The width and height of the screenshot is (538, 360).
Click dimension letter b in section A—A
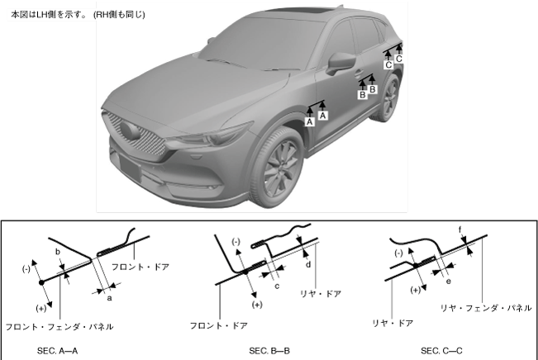[57, 250]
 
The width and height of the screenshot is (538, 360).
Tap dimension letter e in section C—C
[449, 281]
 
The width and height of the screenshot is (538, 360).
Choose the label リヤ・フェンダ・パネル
[485, 307]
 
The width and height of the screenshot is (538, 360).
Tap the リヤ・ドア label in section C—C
[393, 324]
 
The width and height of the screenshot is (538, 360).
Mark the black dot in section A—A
[41, 283]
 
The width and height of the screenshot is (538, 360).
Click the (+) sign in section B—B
[257, 305]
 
